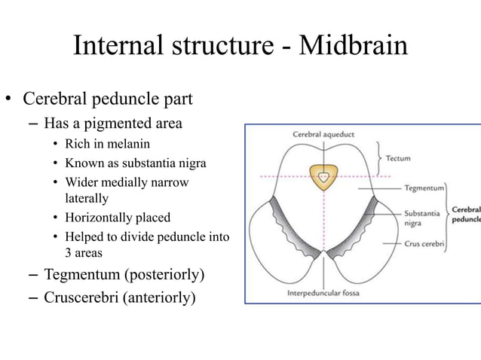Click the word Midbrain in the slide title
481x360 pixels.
click(353, 47)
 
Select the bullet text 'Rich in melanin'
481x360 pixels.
click(107, 143)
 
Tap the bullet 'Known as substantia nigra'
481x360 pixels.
click(135, 163)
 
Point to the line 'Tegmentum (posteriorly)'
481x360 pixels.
click(124, 273)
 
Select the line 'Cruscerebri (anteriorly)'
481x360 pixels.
click(119, 297)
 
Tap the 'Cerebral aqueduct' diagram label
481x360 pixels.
click(323, 135)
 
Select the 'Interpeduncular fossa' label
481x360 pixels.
click(324, 292)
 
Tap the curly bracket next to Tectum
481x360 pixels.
click(377, 158)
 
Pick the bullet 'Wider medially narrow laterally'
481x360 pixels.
click(127, 190)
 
